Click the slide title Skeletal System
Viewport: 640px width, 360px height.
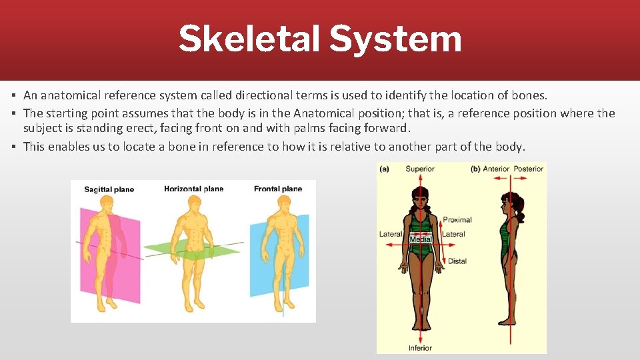tap(319, 39)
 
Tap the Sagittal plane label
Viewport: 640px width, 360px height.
tap(109, 189)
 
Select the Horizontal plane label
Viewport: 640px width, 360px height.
tap(193, 189)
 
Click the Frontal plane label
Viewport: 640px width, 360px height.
tap(278, 189)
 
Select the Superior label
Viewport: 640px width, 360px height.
tap(420, 169)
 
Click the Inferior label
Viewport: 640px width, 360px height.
tap(420, 347)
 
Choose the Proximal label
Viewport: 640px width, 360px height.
tap(457, 219)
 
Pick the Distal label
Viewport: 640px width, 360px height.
tap(457, 261)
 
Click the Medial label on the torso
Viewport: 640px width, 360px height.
tap(421, 239)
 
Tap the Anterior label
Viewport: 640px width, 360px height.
tap(496, 169)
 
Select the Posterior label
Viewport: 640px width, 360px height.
tap(529, 169)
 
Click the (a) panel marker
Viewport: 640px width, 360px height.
tap(384, 169)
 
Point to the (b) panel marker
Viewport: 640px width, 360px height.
tap(475, 169)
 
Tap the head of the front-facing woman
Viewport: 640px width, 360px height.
tap(420, 197)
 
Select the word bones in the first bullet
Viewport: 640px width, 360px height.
tap(531, 96)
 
